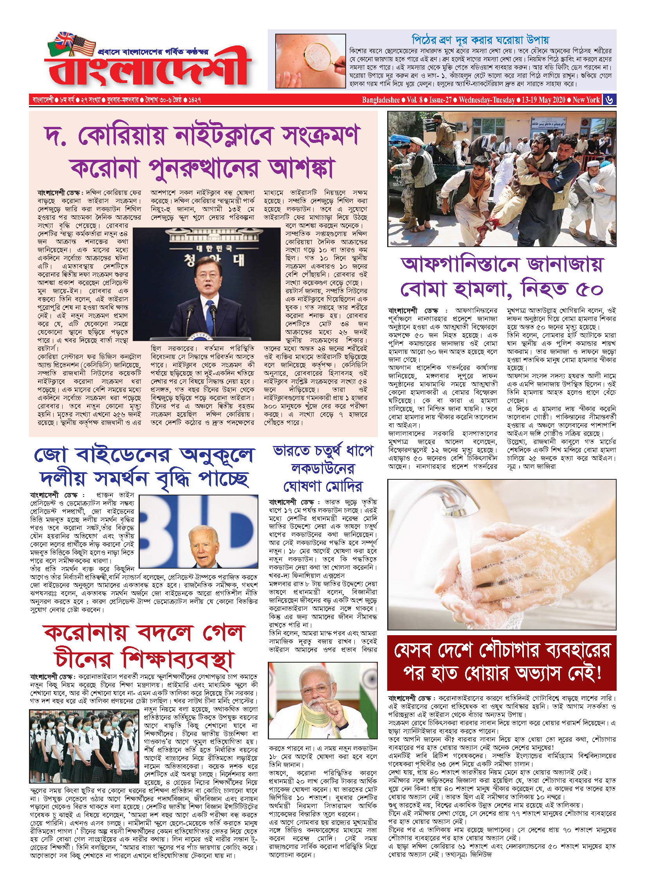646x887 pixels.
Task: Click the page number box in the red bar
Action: tap(609, 100)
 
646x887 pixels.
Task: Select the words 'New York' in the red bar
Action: tap(586, 100)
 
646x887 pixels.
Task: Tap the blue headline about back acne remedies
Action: tap(480, 40)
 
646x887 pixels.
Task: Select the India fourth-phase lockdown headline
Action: tap(323, 468)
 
